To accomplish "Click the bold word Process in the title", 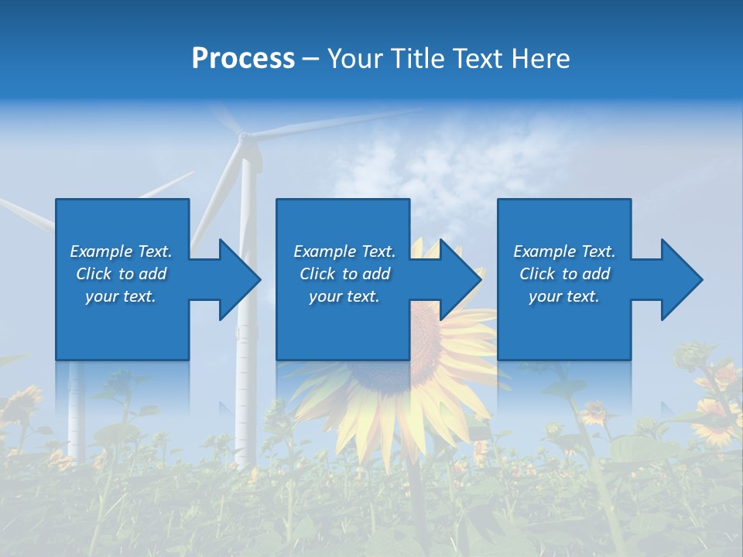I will point(243,59).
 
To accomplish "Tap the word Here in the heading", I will point(542,59).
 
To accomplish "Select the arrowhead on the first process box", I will point(232,279).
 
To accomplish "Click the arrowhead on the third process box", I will point(675,279).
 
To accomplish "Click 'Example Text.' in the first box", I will point(121,251).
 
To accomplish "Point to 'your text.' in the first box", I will point(121,296).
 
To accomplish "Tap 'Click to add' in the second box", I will point(344,274).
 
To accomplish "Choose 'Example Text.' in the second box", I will point(344,251).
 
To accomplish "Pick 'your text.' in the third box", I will point(564,296).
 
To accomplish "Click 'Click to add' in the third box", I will point(564,274).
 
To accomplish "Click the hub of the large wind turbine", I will point(245,139).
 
